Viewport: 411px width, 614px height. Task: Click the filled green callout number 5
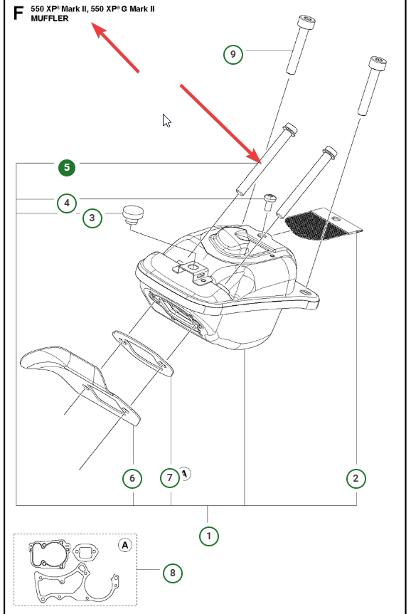[x=67, y=168]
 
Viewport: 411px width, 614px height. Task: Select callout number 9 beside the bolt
[x=233, y=54]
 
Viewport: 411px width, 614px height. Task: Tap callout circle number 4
[x=67, y=203]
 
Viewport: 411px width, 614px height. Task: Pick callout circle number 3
[x=92, y=218]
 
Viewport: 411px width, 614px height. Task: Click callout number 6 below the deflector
[x=132, y=478]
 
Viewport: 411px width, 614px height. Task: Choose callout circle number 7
[x=169, y=477]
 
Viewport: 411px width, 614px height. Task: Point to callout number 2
[x=356, y=478]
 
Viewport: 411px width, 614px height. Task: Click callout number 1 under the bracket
[x=208, y=536]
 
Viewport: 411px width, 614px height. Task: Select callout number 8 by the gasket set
[x=173, y=573]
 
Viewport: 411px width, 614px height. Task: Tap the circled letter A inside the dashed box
[x=125, y=545]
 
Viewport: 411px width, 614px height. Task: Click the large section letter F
[x=18, y=13]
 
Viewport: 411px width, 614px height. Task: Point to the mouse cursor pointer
[x=166, y=121]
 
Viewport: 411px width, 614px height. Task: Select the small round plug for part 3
[x=133, y=215]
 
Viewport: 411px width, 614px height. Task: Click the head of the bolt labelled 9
[x=306, y=21]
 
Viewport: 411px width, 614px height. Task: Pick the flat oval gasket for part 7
[x=143, y=353]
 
